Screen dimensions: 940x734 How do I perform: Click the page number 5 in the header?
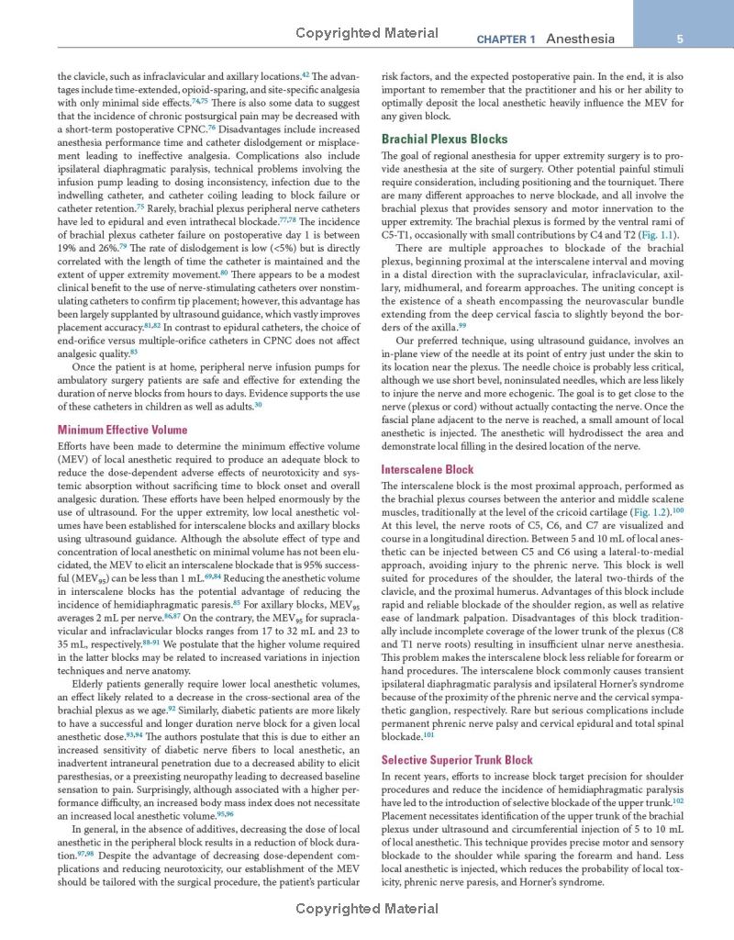[x=678, y=39]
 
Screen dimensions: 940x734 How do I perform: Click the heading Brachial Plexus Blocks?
[x=444, y=140]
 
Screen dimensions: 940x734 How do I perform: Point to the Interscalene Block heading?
[x=428, y=469]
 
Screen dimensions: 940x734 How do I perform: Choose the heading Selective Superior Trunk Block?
[x=457, y=760]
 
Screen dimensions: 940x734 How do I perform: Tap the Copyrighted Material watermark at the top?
[x=367, y=33]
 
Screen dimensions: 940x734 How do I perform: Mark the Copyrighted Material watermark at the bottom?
[x=367, y=909]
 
